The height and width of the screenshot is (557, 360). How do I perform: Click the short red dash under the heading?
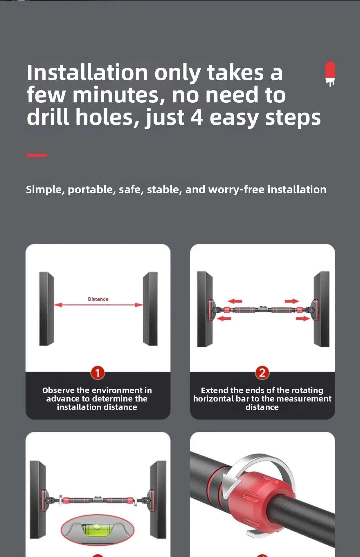(37, 155)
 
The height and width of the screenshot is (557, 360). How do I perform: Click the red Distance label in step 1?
(98, 299)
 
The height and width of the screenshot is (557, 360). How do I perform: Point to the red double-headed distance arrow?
(98, 305)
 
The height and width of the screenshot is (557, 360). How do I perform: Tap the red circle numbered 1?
(98, 373)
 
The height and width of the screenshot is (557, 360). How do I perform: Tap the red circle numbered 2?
(262, 373)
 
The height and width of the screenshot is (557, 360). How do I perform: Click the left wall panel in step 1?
(46, 309)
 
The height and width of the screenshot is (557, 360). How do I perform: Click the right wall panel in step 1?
(150, 309)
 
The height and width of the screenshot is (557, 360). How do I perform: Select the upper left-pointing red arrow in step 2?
(235, 301)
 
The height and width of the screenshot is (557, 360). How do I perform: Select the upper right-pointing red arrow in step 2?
(291, 301)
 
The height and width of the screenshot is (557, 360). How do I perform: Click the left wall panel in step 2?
(205, 309)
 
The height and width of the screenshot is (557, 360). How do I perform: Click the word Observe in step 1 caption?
(58, 390)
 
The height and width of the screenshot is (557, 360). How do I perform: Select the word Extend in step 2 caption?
(215, 390)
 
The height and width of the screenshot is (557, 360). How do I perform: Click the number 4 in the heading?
(197, 117)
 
